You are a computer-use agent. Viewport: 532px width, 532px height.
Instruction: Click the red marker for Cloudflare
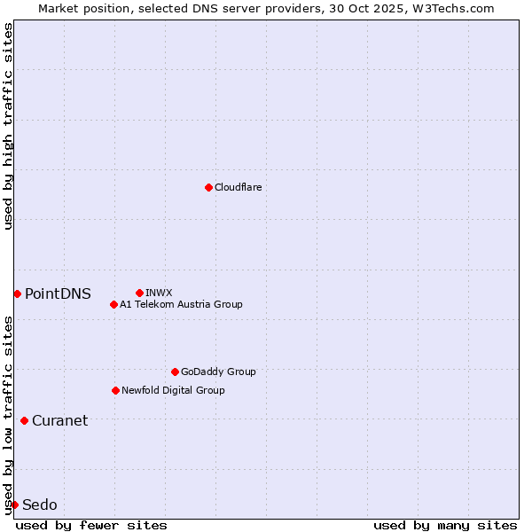click(x=208, y=187)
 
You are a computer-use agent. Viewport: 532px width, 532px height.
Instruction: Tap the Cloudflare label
click(x=239, y=187)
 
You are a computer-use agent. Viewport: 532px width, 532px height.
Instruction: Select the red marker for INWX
click(x=139, y=293)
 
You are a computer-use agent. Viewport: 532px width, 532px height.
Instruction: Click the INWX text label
click(x=159, y=293)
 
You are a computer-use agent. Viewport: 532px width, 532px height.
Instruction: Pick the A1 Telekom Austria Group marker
click(x=113, y=304)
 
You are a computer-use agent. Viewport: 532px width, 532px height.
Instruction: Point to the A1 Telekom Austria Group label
click(x=181, y=304)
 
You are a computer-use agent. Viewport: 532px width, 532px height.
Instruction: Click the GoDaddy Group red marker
click(x=175, y=372)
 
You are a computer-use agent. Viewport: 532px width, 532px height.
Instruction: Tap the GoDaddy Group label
click(x=218, y=372)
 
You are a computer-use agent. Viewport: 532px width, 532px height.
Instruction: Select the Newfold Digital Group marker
click(x=115, y=390)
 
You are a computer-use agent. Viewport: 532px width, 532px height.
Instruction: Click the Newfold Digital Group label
click(x=173, y=390)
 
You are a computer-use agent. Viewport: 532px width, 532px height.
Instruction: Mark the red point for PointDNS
click(x=17, y=293)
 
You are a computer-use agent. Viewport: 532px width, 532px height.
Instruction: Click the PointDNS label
click(x=58, y=293)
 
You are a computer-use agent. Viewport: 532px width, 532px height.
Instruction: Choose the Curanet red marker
click(x=24, y=420)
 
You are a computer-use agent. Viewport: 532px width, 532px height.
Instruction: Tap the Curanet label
click(x=59, y=420)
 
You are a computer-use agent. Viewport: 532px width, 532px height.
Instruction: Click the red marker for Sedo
click(x=14, y=505)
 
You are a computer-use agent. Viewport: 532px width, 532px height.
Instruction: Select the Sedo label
click(x=40, y=505)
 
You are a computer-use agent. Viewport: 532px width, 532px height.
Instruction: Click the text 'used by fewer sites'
click(x=91, y=525)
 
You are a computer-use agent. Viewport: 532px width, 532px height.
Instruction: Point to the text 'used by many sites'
click(x=445, y=525)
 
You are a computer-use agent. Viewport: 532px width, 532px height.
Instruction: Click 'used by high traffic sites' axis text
click(x=8, y=126)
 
